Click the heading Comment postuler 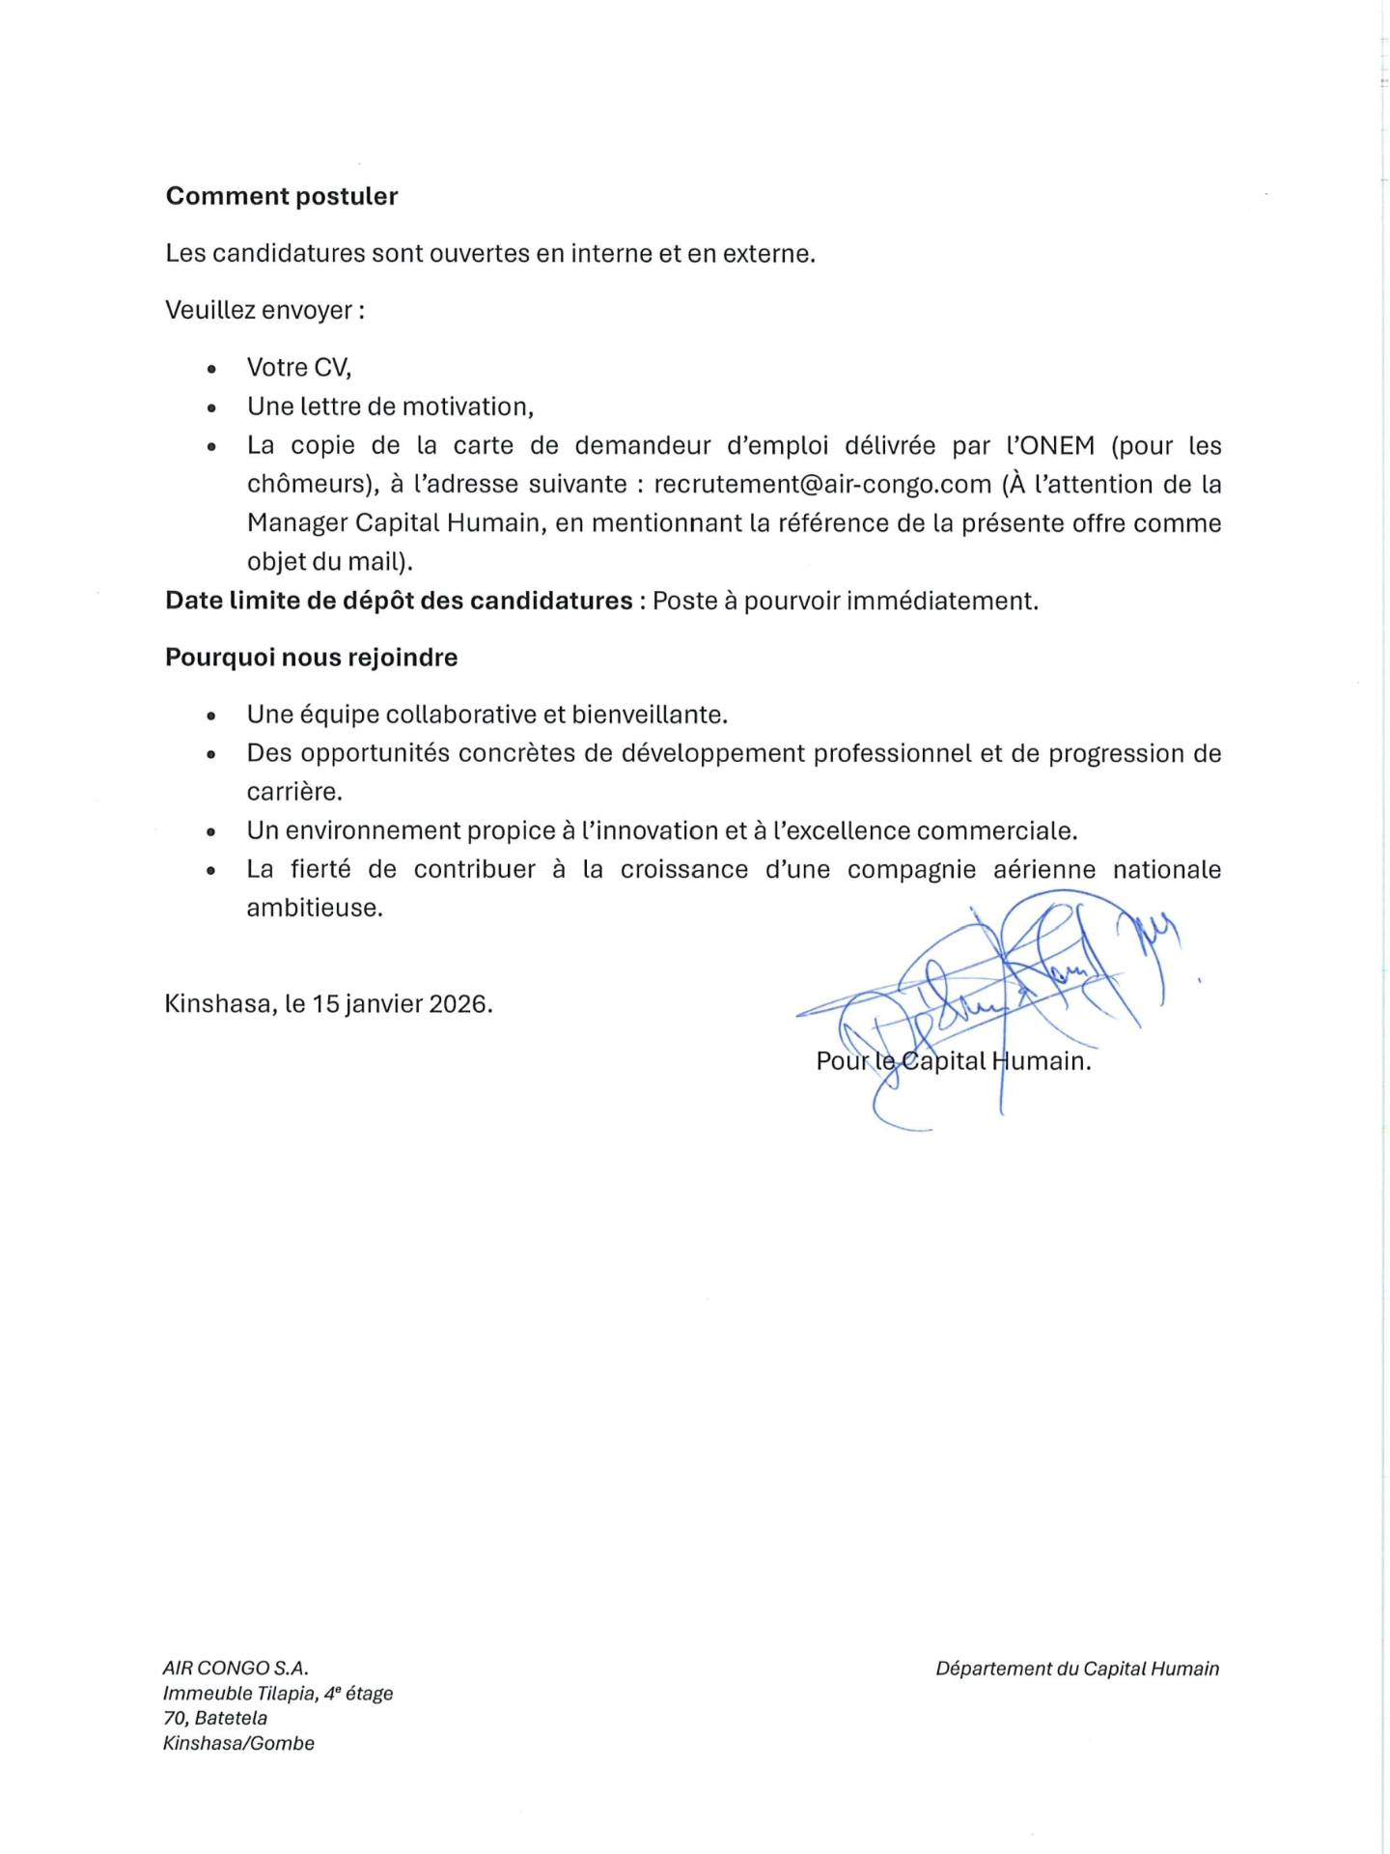click(x=281, y=196)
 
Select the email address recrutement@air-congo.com click(x=822, y=484)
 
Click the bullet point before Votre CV click(x=211, y=369)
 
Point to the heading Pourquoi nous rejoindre click(x=311, y=658)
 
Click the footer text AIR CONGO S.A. click(x=236, y=1668)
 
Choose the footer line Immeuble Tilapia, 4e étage click(x=278, y=1693)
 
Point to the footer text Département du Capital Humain click(x=1077, y=1669)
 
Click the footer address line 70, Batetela click(x=215, y=1718)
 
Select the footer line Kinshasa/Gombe click(x=238, y=1743)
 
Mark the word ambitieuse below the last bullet click(x=314, y=908)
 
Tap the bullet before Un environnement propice click(x=211, y=831)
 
